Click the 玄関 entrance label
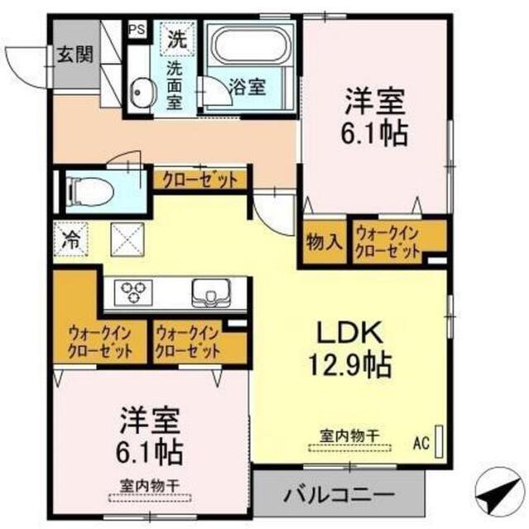click(75, 55)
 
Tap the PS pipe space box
click(138, 30)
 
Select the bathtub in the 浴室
click(251, 45)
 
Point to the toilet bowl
click(90, 192)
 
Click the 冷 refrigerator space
click(71, 240)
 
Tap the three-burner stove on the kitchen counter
click(133, 293)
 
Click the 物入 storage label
click(325, 241)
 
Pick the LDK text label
click(350, 332)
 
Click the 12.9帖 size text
click(350, 365)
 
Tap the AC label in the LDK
click(422, 442)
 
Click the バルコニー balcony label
click(338, 495)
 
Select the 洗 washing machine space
click(177, 39)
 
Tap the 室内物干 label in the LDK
click(350, 436)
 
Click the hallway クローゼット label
click(200, 180)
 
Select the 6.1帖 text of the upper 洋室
click(374, 134)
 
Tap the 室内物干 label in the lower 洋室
click(150, 486)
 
